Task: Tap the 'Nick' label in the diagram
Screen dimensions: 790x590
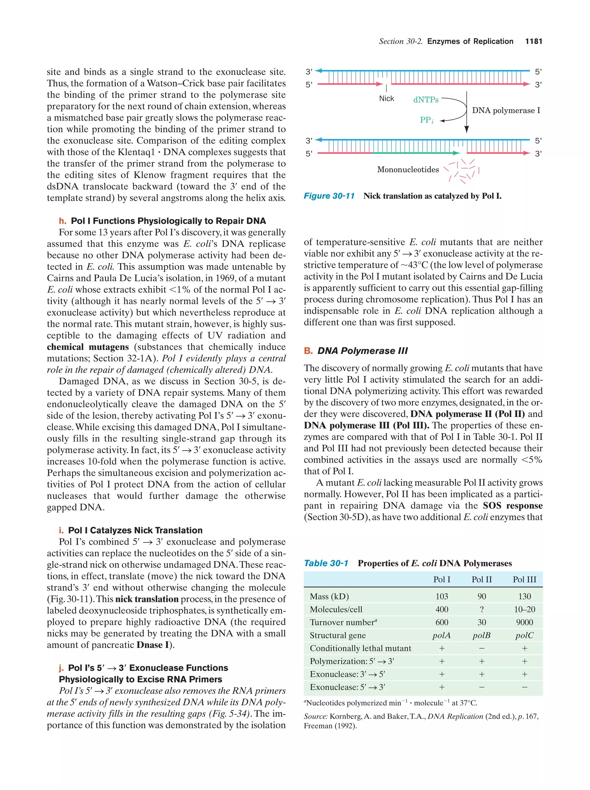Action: tap(387, 99)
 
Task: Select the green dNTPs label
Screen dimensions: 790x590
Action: tap(426, 100)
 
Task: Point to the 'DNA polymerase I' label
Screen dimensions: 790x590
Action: tap(506, 110)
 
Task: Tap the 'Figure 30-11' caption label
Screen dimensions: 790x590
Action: tap(329, 196)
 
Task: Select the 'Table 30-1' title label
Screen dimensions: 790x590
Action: tap(326, 563)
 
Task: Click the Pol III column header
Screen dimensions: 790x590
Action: tap(524, 580)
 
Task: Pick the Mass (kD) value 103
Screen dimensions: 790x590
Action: tap(442, 596)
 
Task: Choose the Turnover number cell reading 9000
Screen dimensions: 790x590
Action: tap(524, 623)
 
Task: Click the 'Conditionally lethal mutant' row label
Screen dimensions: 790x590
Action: tap(360, 648)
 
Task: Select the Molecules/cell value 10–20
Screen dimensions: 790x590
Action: tap(524, 610)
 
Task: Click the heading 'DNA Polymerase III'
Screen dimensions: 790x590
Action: tap(362, 351)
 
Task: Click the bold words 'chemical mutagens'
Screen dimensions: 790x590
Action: tap(88, 347)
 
